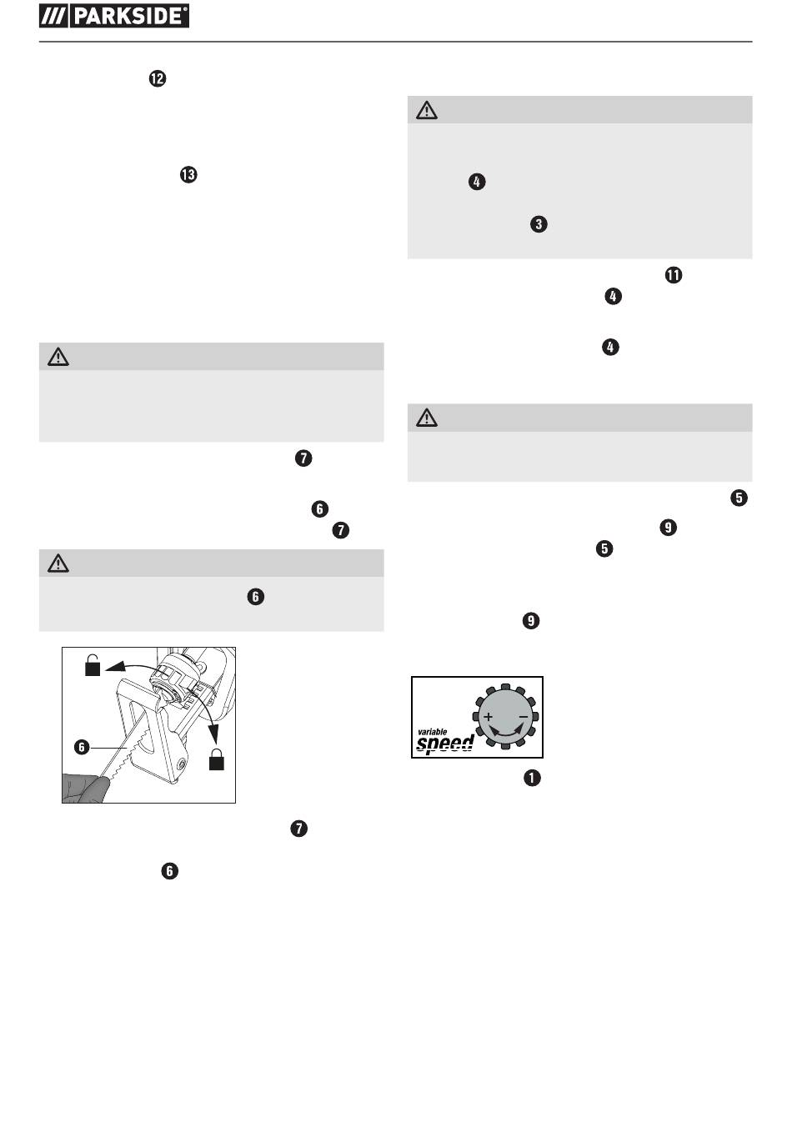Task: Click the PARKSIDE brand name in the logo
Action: [130, 16]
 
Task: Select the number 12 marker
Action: [158, 78]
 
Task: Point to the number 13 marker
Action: [188, 174]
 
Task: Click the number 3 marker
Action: [539, 224]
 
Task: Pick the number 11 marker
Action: [674, 275]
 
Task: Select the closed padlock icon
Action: [217, 759]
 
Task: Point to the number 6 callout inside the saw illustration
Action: [82, 747]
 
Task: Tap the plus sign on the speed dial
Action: [488, 717]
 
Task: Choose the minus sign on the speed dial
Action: [524, 717]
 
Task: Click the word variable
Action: [432, 731]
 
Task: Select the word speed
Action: [444, 744]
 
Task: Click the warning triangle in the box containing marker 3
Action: [427, 110]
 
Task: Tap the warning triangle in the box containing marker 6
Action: [58, 563]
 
